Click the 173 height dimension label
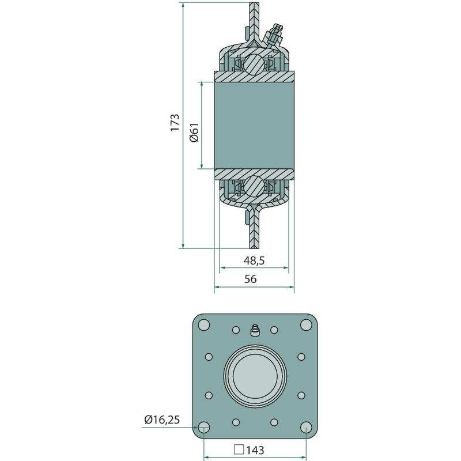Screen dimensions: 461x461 coord(175,122)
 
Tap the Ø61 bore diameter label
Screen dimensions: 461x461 coord(195,133)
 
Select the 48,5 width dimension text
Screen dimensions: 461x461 coord(254,260)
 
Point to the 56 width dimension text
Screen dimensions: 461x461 coord(251,279)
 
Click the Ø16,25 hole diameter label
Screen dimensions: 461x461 coord(162,420)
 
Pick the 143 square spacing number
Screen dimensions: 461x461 coord(255,450)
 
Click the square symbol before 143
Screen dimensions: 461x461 coord(239,449)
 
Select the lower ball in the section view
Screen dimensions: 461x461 coord(254,186)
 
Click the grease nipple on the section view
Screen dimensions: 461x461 coord(274,35)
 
